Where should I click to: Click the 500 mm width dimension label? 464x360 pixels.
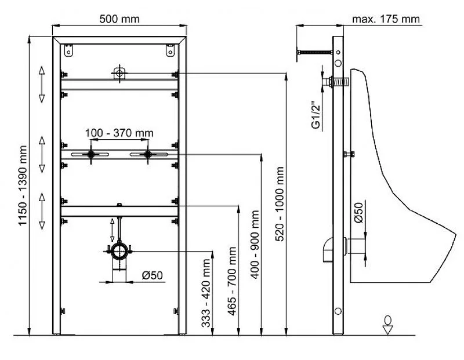119,19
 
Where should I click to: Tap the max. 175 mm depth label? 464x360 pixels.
386,19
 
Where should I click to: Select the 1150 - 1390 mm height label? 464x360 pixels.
23,186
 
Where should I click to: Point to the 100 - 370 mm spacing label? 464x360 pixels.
119,133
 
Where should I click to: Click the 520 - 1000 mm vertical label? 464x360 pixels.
280,204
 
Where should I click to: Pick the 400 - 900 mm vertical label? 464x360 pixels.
255,244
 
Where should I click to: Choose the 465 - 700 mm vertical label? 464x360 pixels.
233,281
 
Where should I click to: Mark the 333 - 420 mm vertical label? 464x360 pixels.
206,293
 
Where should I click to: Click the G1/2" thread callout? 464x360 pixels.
316,115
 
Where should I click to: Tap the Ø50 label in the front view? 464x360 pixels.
153,275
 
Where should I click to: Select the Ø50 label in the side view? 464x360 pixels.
358,213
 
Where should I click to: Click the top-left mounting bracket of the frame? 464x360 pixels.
68,50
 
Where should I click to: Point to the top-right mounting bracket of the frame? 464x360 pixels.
170,50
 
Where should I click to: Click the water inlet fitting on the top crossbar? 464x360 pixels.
119,73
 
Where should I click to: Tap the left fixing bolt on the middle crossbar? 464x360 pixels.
90,154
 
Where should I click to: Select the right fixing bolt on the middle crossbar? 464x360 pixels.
148,154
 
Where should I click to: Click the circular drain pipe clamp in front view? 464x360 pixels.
119,252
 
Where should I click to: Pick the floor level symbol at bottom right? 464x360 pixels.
387,325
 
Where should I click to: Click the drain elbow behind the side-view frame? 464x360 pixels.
328,249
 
